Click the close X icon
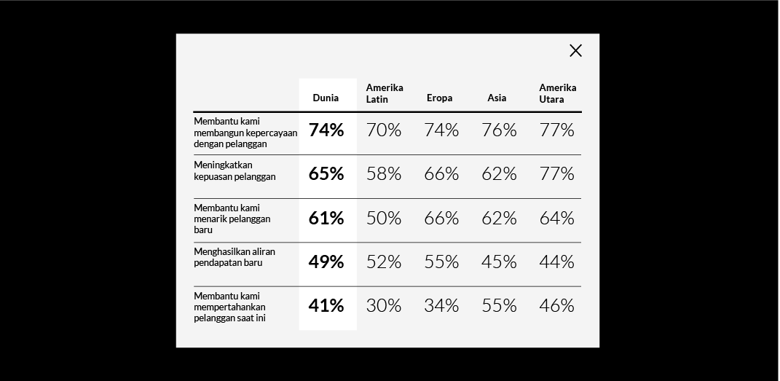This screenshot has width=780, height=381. (x=576, y=50)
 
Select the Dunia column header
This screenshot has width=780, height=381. (x=326, y=98)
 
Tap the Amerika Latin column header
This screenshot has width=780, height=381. (x=385, y=93)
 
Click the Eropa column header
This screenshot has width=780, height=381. (x=439, y=98)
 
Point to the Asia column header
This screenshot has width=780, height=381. (x=497, y=98)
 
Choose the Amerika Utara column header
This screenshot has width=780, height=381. (x=557, y=93)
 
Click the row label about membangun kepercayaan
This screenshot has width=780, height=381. (x=245, y=133)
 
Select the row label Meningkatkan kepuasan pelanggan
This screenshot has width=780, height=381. (x=235, y=170)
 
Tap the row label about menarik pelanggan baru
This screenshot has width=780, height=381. (x=232, y=219)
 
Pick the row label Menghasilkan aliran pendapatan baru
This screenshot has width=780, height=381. (x=235, y=256)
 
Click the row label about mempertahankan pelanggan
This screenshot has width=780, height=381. (x=229, y=307)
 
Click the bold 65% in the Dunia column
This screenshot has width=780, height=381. (x=326, y=173)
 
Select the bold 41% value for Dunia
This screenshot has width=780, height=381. (x=326, y=306)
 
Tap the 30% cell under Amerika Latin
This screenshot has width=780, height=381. (x=384, y=306)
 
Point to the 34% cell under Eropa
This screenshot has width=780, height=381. (x=441, y=306)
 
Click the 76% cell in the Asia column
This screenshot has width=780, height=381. (x=499, y=130)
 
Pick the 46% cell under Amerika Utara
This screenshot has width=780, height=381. (x=556, y=306)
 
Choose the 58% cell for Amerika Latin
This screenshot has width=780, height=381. (x=384, y=173)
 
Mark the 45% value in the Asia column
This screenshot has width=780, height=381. (x=499, y=262)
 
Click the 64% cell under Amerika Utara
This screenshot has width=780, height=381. (x=556, y=218)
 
